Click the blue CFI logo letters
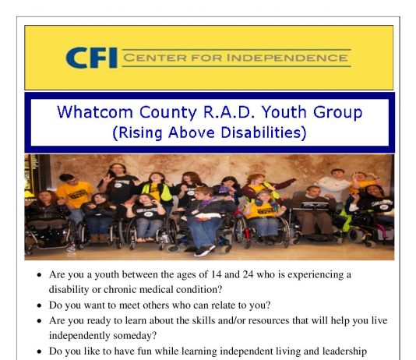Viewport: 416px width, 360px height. (x=91, y=58)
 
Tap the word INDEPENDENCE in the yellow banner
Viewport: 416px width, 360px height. (x=287, y=58)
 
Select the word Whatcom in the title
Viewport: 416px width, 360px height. (x=95, y=111)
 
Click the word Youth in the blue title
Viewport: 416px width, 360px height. (x=284, y=111)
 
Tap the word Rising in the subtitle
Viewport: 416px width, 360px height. (x=137, y=132)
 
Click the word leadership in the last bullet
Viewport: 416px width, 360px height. (x=344, y=351)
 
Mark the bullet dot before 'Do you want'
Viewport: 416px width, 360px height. (x=39, y=305)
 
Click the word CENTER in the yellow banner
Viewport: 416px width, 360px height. (x=155, y=58)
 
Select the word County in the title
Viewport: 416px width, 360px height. (x=167, y=112)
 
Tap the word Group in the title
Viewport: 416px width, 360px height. (x=338, y=112)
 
